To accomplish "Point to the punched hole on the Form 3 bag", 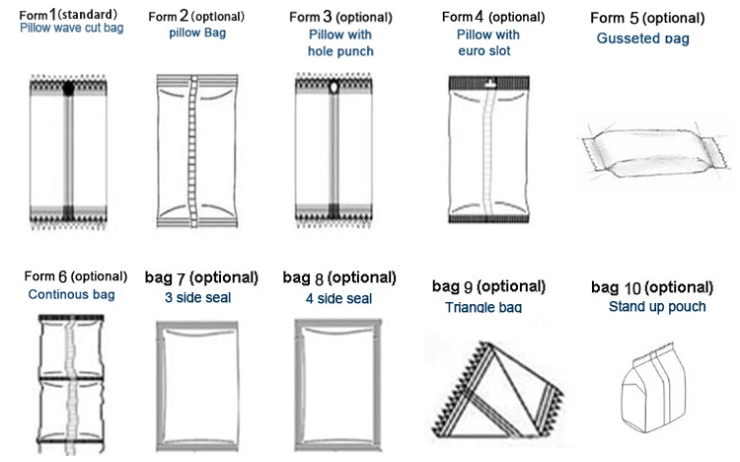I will tap(334, 88).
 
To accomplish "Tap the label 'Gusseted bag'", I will tap(642, 38).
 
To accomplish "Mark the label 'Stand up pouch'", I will tap(657, 307).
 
